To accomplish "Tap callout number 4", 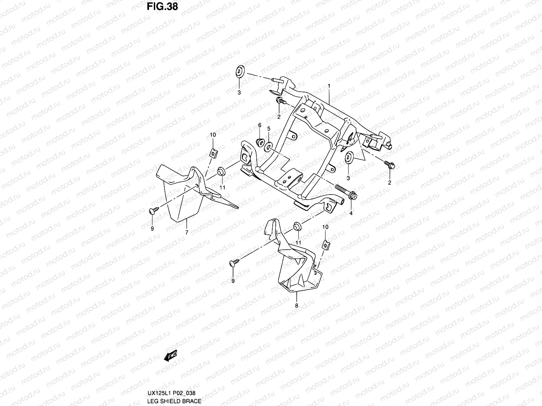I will (351, 213).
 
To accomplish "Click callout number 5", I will (269, 129).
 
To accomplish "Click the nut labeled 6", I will (260, 141).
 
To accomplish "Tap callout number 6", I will (260, 126).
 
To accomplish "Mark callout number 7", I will (186, 232).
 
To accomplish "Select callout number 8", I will (297, 306).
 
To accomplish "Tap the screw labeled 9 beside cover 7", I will (153, 211).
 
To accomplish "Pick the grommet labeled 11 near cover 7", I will (221, 171).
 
